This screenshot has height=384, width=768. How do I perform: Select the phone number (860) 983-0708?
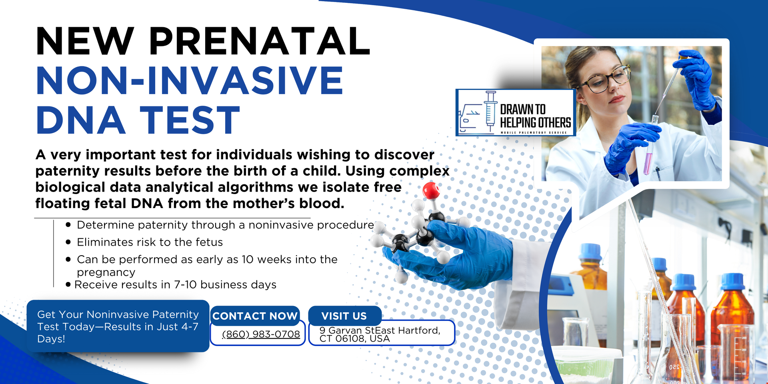[261, 334]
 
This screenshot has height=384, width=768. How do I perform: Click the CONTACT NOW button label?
[255, 316]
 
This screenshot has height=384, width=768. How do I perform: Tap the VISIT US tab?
[344, 316]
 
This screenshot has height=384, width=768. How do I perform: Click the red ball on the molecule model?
[431, 190]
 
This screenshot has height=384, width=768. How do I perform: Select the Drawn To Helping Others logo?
[516, 112]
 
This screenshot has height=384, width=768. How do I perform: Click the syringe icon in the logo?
[490, 111]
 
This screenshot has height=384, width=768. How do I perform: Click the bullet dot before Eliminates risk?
[68, 242]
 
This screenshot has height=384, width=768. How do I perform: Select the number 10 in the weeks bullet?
[248, 259]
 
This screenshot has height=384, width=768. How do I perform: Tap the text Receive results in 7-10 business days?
[175, 284]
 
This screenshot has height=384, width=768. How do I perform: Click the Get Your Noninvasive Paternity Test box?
[118, 326]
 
